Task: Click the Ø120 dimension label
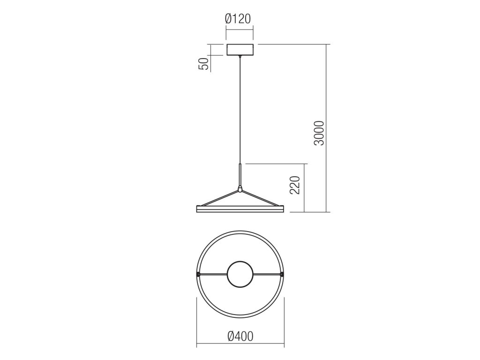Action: pyautogui.click(x=238, y=19)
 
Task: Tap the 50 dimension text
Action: pyautogui.click(x=204, y=64)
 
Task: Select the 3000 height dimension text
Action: pyautogui.click(x=319, y=133)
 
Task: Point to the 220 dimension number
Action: pyautogui.click(x=294, y=185)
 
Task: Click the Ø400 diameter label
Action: pyautogui.click(x=240, y=336)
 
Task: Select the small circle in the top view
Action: pyautogui.click(x=240, y=274)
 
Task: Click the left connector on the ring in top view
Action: pyautogui.click(x=198, y=274)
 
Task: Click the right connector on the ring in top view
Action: pyautogui.click(x=282, y=274)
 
